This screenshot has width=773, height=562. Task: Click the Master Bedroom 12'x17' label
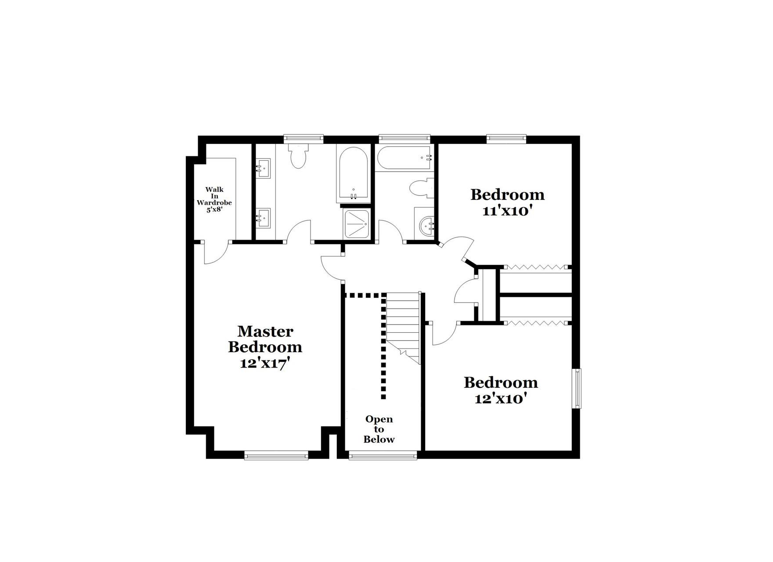[x=265, y=347]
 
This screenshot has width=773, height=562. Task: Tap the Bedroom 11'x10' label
[x=507, y=202]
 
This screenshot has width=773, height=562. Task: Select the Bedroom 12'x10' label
[x=501, y=390]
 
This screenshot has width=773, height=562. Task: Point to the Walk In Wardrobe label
[x=214, y=199]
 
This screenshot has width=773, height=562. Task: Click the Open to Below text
[x=379, y=429]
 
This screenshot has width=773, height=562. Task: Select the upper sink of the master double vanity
[x=264, y=169]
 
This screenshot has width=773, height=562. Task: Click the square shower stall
[x=357, y=224]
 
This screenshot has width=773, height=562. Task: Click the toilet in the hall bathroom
[x=421, y=188]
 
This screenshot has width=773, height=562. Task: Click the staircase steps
[x=403, y=325]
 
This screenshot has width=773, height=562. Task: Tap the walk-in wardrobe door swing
[x=215, y=253]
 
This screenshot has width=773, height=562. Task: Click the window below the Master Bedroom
[x=276, y=456]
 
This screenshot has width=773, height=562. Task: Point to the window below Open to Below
[x=383, y=456]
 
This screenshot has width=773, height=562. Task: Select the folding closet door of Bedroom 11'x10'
[x=535, y=267]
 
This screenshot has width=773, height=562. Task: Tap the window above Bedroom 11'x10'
[x=506, y=139]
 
